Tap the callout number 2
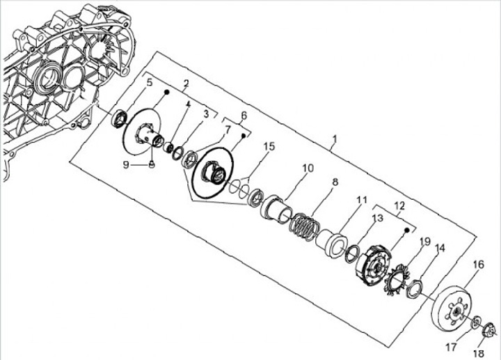click(186, 84)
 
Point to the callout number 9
click(125, 164)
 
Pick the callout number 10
click(308, 168)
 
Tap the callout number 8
click(335, 182)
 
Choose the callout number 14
click(440, 248)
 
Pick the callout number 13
click(376, 218)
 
